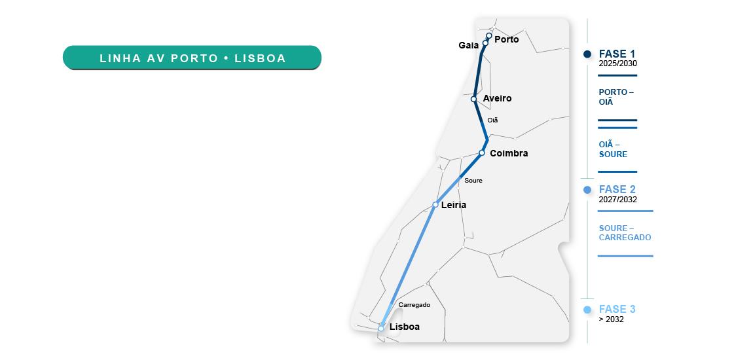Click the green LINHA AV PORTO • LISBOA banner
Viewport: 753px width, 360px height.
coord(192,58)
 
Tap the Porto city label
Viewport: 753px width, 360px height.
coord(506,39)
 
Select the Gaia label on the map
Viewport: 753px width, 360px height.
coord(469,45)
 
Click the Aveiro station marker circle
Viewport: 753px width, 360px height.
coord(473,99)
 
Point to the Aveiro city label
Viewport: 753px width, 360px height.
coord(497,98)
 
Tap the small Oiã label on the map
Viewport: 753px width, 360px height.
coord(492,120)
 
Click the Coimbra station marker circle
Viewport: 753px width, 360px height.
coord(481,153)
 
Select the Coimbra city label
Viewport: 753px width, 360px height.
coord(509,153)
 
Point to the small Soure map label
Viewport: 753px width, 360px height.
coord(473,180)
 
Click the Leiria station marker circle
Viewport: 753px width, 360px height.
coord(435,205)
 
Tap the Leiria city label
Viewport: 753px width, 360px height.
coord(454,205)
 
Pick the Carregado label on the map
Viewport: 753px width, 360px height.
coord(414,304)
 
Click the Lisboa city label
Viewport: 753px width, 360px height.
coord(404,327)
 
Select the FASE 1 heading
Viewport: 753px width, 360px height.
coord(617,54)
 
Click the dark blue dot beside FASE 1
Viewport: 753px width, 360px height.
coord(587,54)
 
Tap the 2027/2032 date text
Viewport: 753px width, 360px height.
coord(617,200)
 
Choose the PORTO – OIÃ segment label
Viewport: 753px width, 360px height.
coord(616,97)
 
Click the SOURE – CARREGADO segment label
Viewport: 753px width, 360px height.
coord(625,233)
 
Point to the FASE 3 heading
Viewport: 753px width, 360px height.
coord(617,309)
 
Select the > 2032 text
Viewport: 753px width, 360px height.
coord(611,319)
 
